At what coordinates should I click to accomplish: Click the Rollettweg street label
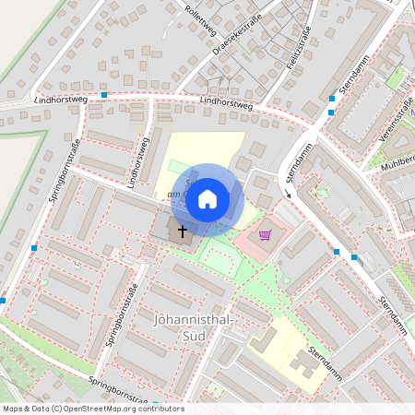click(200, 17)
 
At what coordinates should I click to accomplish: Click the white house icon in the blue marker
click(207, 198)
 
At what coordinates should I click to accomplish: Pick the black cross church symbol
click(182, 231)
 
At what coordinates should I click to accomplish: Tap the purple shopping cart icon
click(266, 235)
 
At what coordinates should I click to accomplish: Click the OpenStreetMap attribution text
click(92, 409)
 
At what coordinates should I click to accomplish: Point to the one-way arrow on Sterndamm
click(288, 192)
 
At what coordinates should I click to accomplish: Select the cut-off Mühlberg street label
click(391, 158)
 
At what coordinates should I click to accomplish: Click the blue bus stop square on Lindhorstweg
click(104, 94)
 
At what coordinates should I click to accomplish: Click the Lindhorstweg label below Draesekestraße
click(225, 103)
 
